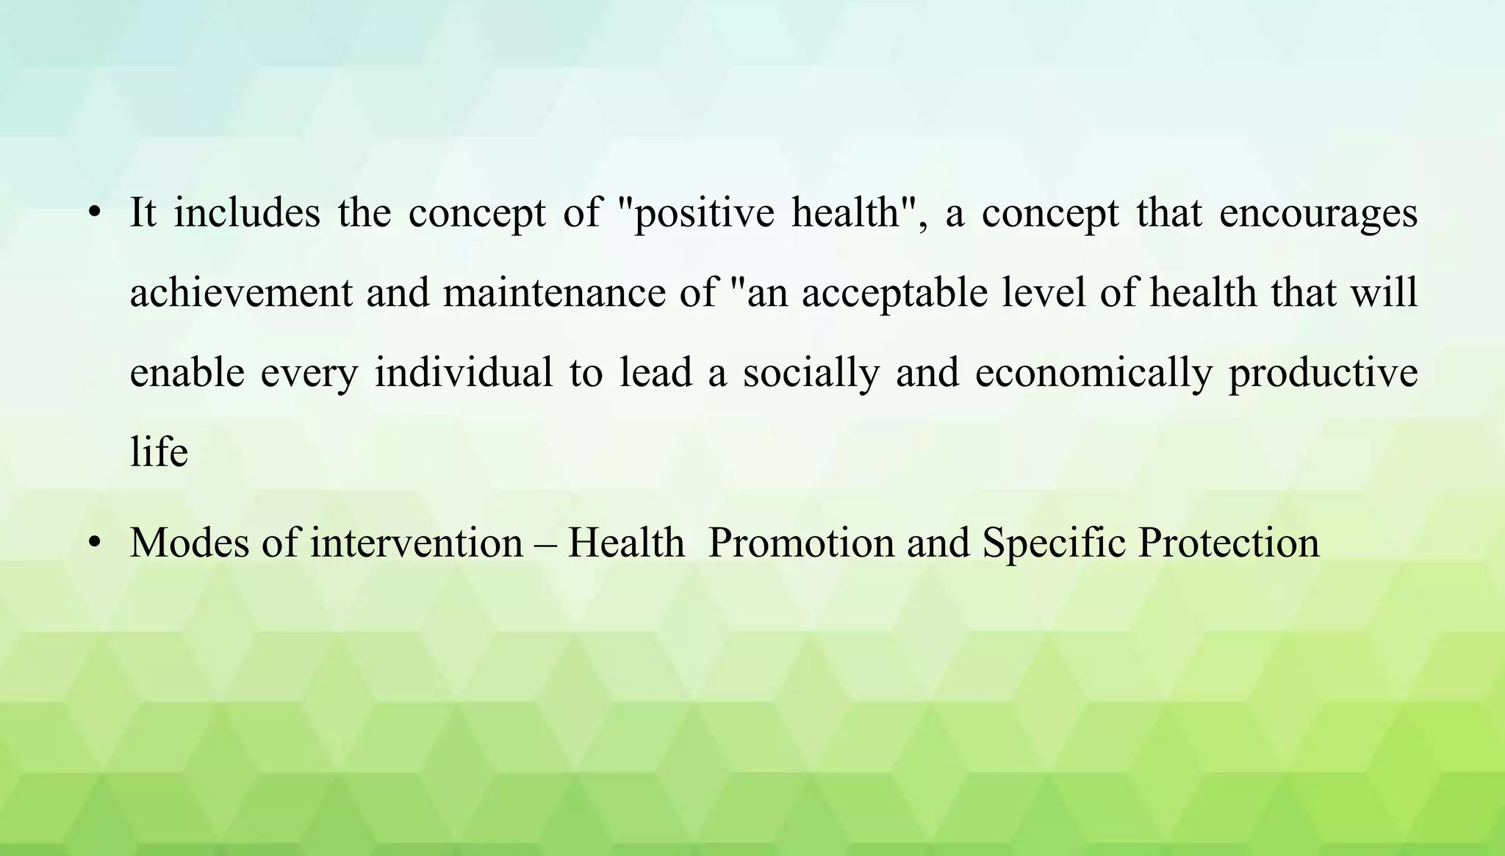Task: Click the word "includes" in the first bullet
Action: click(x=247, y=213)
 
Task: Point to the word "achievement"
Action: click(x=241, y=293)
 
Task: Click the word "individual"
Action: click(x=463, y=372)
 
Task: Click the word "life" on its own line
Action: click(x=159, y=452)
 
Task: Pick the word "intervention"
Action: click(x=417, y=543)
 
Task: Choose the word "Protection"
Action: click(x=1229, y=543)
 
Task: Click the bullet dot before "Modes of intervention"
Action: click(x=93, y=543)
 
